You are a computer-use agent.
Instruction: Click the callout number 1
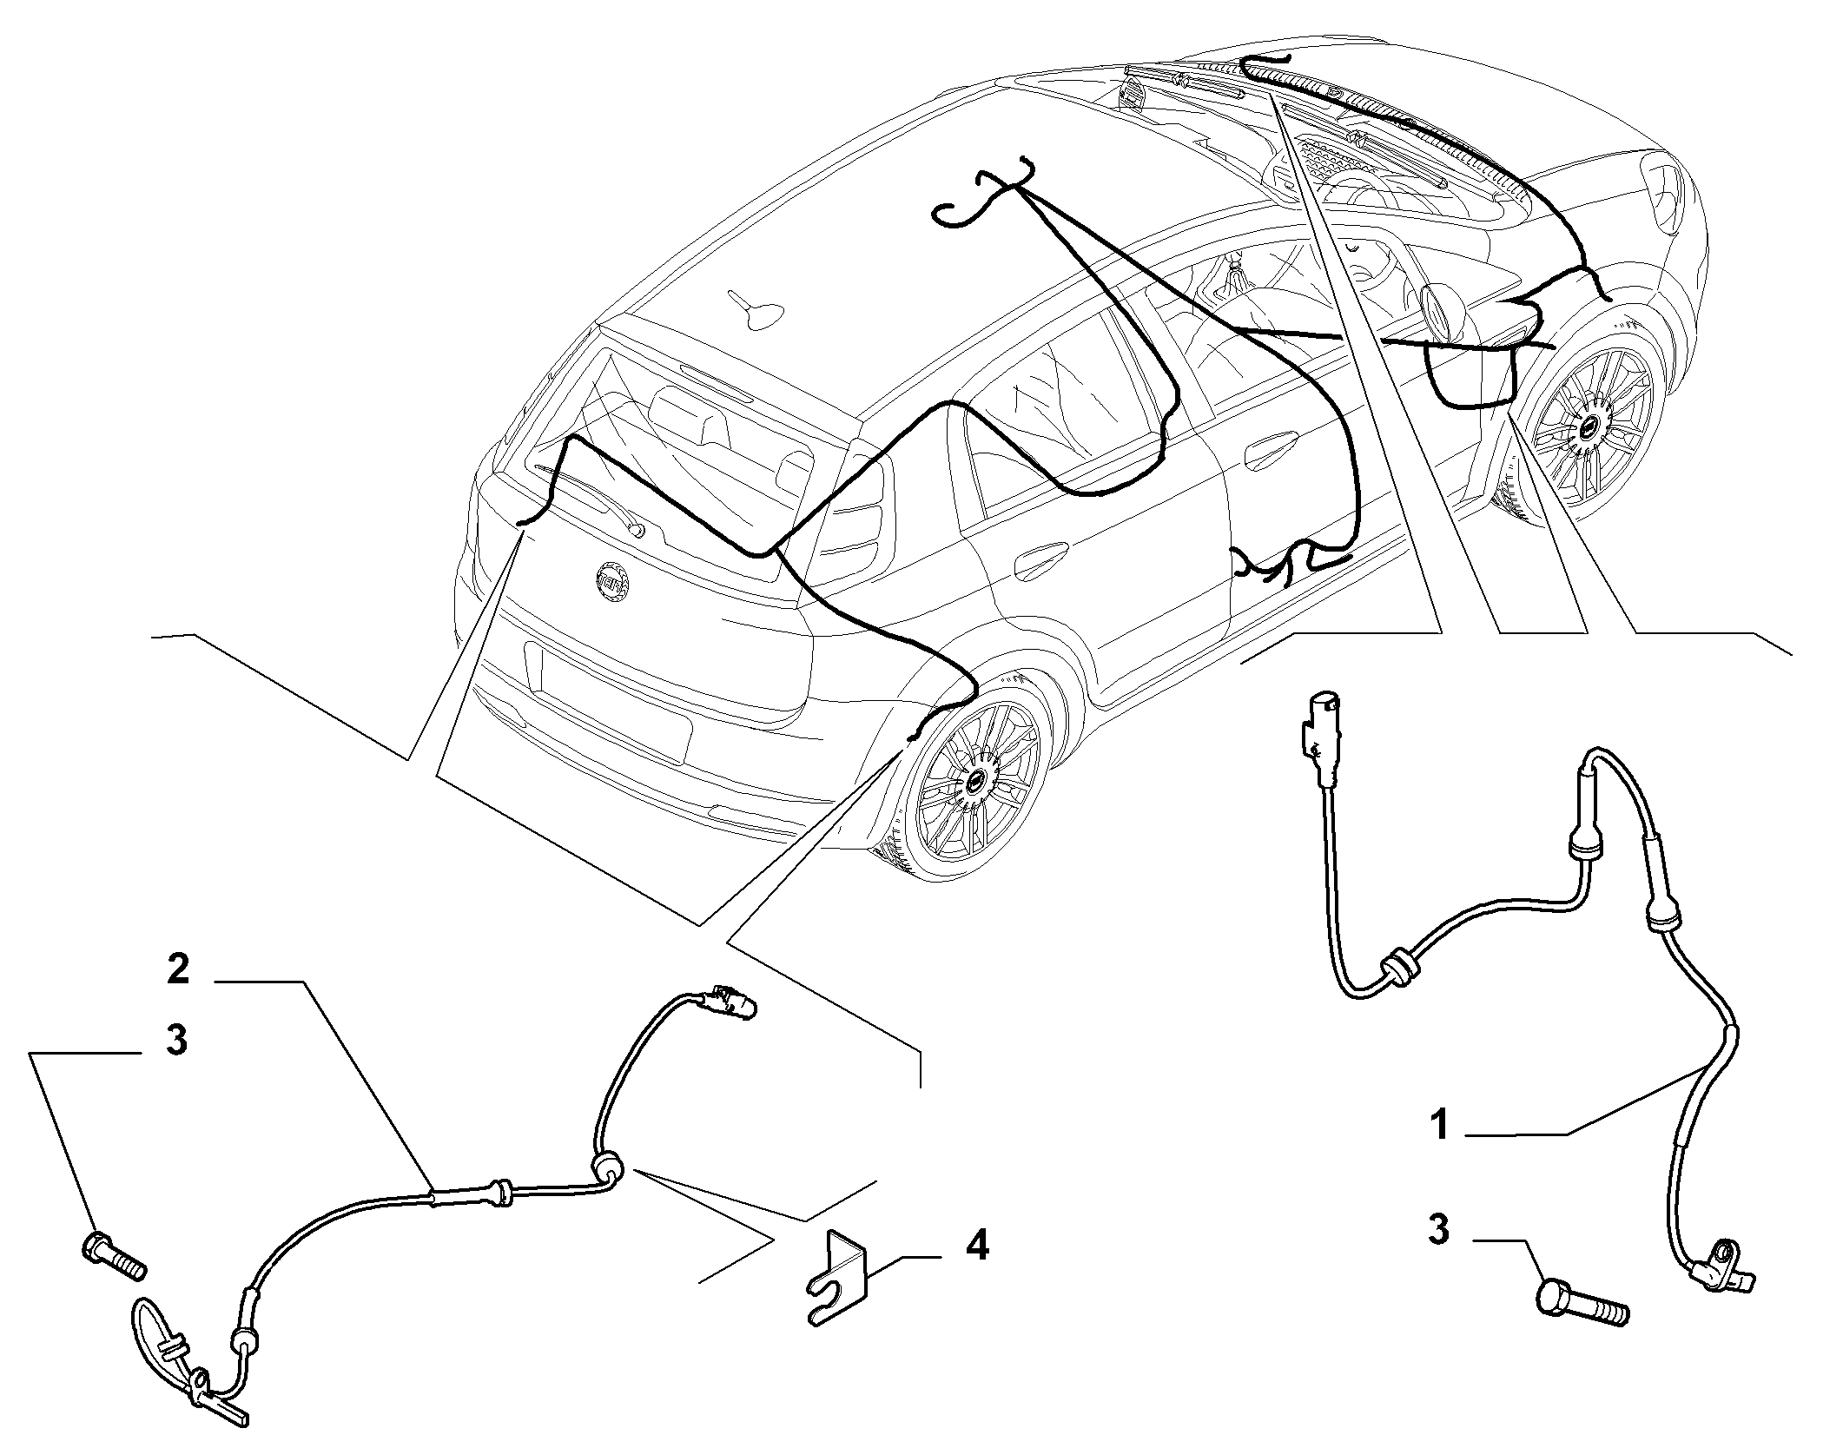(1441, 1126)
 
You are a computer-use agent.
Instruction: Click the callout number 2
(178, 969)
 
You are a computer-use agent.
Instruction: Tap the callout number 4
(977, 1247)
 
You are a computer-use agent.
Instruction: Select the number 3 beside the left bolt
(176, 1040)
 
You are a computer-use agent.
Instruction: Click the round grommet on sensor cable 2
(607, 1168)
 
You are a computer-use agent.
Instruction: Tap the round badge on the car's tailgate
(612, 578)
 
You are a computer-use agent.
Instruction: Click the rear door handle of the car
(1040, 559)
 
